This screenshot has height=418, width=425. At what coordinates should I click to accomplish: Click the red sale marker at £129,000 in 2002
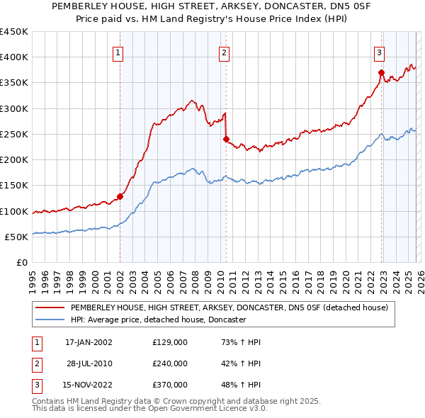[x=120, y=196]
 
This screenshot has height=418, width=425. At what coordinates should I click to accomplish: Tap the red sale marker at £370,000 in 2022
[x=381, y=72]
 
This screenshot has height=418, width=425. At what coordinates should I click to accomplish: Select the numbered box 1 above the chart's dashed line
[x=118, y=52]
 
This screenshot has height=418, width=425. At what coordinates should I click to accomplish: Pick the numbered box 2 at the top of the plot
[x=224, y=52]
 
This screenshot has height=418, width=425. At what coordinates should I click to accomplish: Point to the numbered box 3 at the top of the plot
[x=379, y=52]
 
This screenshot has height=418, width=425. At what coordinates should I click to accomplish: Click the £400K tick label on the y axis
[x=13, y=57]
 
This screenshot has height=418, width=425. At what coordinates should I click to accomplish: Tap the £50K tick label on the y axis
[x=16, y=237]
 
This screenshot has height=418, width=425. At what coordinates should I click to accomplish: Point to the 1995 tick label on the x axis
[x=33, y=279]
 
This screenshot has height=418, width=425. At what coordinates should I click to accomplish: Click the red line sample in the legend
[x=50, y=308]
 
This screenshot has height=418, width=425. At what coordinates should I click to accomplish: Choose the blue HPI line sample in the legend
[x=50, y=320]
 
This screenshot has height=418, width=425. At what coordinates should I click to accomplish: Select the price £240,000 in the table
[x=170, y=363]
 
